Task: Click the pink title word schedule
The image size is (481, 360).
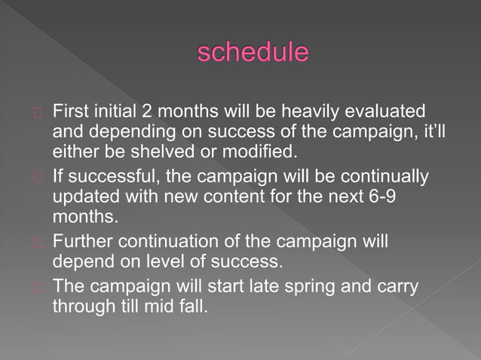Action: [253, 52]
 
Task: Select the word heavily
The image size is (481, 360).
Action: [309, 111]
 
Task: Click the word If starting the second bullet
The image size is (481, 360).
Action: [58, 177]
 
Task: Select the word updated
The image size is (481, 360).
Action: [86, 197]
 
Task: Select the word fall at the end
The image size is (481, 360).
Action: [190, 307]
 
